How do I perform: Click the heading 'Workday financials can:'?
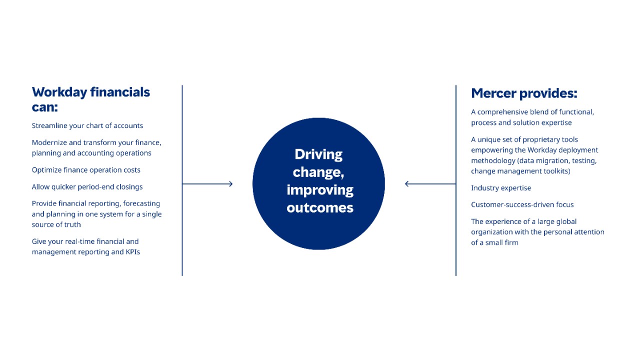click(90, 99)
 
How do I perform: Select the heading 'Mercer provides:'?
click(524, 93)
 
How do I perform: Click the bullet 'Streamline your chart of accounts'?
click(87, 125)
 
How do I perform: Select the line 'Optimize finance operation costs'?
click(86, 170)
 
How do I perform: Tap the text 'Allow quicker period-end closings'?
click(87, 187)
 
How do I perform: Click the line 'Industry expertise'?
click(501, 188)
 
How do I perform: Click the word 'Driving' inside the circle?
click(318, 154)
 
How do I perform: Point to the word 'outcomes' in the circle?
click(320, 207)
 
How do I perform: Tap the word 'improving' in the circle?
click(320, 190)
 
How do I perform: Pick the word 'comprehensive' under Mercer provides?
click(501, 112)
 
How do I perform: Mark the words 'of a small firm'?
click(494, 242)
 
